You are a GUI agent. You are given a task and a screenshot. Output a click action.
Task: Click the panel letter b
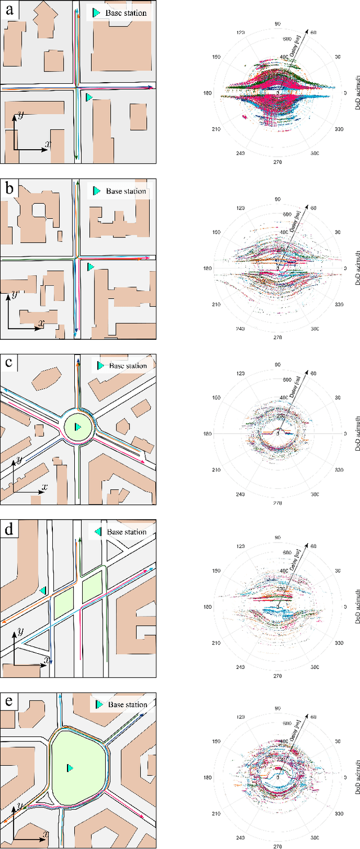point(10,189)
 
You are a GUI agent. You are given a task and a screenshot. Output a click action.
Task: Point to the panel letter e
point(10,702)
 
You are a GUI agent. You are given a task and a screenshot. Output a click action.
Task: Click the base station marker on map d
point(43,590)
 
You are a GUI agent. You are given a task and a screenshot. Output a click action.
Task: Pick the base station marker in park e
point(70,767)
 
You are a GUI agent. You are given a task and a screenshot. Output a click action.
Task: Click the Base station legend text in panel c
point(128,366)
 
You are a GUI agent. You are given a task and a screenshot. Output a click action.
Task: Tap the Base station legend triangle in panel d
point(98,531)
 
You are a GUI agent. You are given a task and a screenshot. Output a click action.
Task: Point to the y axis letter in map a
point(20,116)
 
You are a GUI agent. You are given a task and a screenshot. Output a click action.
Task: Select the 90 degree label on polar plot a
point(277,24)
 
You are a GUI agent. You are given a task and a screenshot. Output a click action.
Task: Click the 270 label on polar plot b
point(277,337)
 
